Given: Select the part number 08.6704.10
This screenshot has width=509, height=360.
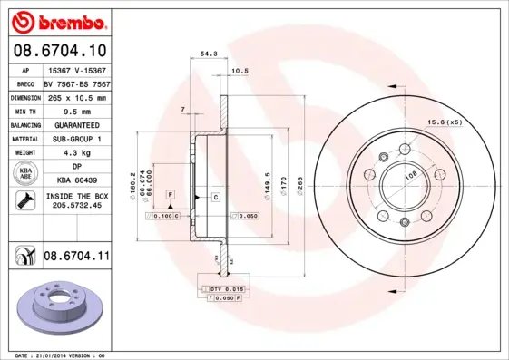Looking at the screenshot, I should point(60,51).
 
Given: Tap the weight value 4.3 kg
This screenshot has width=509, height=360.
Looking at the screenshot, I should point(76,153).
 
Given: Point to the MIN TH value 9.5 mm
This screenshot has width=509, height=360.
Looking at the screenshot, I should point(76,111).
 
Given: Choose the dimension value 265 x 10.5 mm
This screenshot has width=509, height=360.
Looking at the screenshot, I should point(76,97).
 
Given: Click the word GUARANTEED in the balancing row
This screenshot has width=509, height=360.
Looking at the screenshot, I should point(76,125).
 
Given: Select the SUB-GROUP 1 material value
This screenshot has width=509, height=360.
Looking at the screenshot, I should point(76,139).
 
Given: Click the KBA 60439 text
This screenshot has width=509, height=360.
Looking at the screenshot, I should point(76,182).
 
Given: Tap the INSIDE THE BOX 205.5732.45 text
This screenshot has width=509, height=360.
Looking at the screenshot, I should point(76,200).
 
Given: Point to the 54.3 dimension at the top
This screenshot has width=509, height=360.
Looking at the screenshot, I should point(207,55).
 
